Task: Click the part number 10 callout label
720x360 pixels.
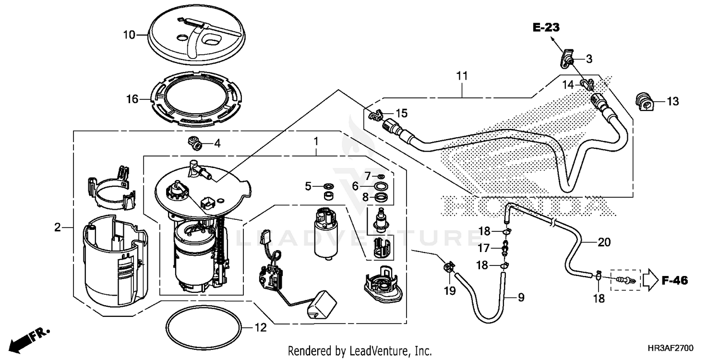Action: [x=129, y=35]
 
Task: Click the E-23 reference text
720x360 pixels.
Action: [x=545, y=28]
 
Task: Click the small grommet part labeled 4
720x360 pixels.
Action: [x=195, y=142]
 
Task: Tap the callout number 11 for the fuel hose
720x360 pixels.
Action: [x=462, y=76]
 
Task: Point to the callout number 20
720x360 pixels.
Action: [x=604, y=242]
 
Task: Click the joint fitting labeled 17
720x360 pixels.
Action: [x=504, y=249]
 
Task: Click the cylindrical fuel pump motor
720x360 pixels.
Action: [x=327, y=233]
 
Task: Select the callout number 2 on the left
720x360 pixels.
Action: [x=57, y=227]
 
